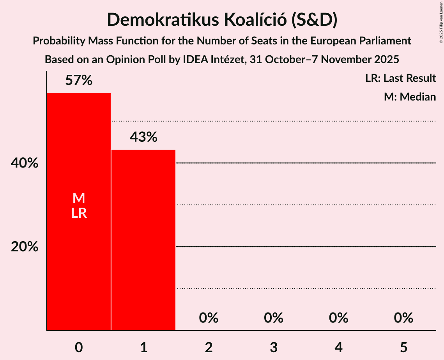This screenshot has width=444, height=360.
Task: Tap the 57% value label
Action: (79, 81)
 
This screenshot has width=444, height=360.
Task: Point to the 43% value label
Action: (143, 137)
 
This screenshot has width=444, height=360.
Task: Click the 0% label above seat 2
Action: (209, 318)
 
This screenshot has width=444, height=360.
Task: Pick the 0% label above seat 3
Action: (274, 318)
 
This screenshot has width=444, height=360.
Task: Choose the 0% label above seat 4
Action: (338, 318)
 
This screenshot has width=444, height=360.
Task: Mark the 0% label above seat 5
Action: (403, 318)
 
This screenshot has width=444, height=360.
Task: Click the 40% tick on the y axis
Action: (25, 163)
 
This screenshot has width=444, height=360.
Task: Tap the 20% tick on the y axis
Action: (25, 247)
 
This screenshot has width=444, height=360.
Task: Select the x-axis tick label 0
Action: (79, 347)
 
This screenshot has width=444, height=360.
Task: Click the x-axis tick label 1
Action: (143, 347)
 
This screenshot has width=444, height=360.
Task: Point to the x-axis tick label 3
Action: (274, 347)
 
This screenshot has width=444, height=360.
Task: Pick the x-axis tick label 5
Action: (403, 347)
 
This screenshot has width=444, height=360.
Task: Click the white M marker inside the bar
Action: (79, 198)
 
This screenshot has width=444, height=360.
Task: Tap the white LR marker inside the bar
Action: (79, 213)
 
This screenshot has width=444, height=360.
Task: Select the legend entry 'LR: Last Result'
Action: (400, 78)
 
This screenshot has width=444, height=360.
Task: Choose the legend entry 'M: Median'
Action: (410, 97)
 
